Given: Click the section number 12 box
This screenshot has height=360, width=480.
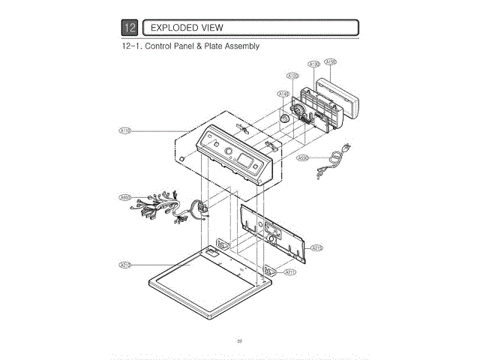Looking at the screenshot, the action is tap(130, 28).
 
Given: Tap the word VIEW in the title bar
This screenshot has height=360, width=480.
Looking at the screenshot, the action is tap(211, 28).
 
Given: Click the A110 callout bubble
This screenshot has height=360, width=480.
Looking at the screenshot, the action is tap(125, 131).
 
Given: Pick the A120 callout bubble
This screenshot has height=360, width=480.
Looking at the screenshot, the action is tap(293, 76).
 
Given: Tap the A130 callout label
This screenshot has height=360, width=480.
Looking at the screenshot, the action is tap(314, 64).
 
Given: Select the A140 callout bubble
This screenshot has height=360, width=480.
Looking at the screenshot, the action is tap(283, 94).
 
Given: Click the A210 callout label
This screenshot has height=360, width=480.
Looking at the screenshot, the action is tap(125, 265).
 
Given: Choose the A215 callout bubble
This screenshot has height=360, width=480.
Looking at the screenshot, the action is tap(316, 247).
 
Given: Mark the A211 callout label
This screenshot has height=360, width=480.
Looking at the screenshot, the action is tap(290, 272).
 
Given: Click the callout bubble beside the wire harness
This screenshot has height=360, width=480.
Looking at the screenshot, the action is tap(125, 197).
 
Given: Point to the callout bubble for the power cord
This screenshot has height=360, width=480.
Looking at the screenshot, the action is tap(303, 158).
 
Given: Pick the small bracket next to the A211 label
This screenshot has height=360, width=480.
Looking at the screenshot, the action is tap(270, 269).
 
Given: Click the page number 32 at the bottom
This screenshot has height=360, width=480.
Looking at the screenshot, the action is tap(239, 341).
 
